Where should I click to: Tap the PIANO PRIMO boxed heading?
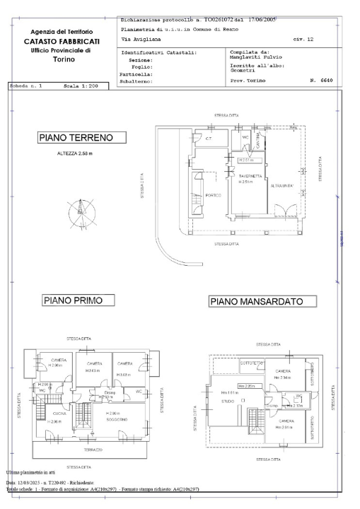[74, 300]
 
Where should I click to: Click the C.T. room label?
[209, 139]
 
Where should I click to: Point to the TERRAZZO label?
[93, 450]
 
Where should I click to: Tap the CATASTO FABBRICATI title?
[61, 42]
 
